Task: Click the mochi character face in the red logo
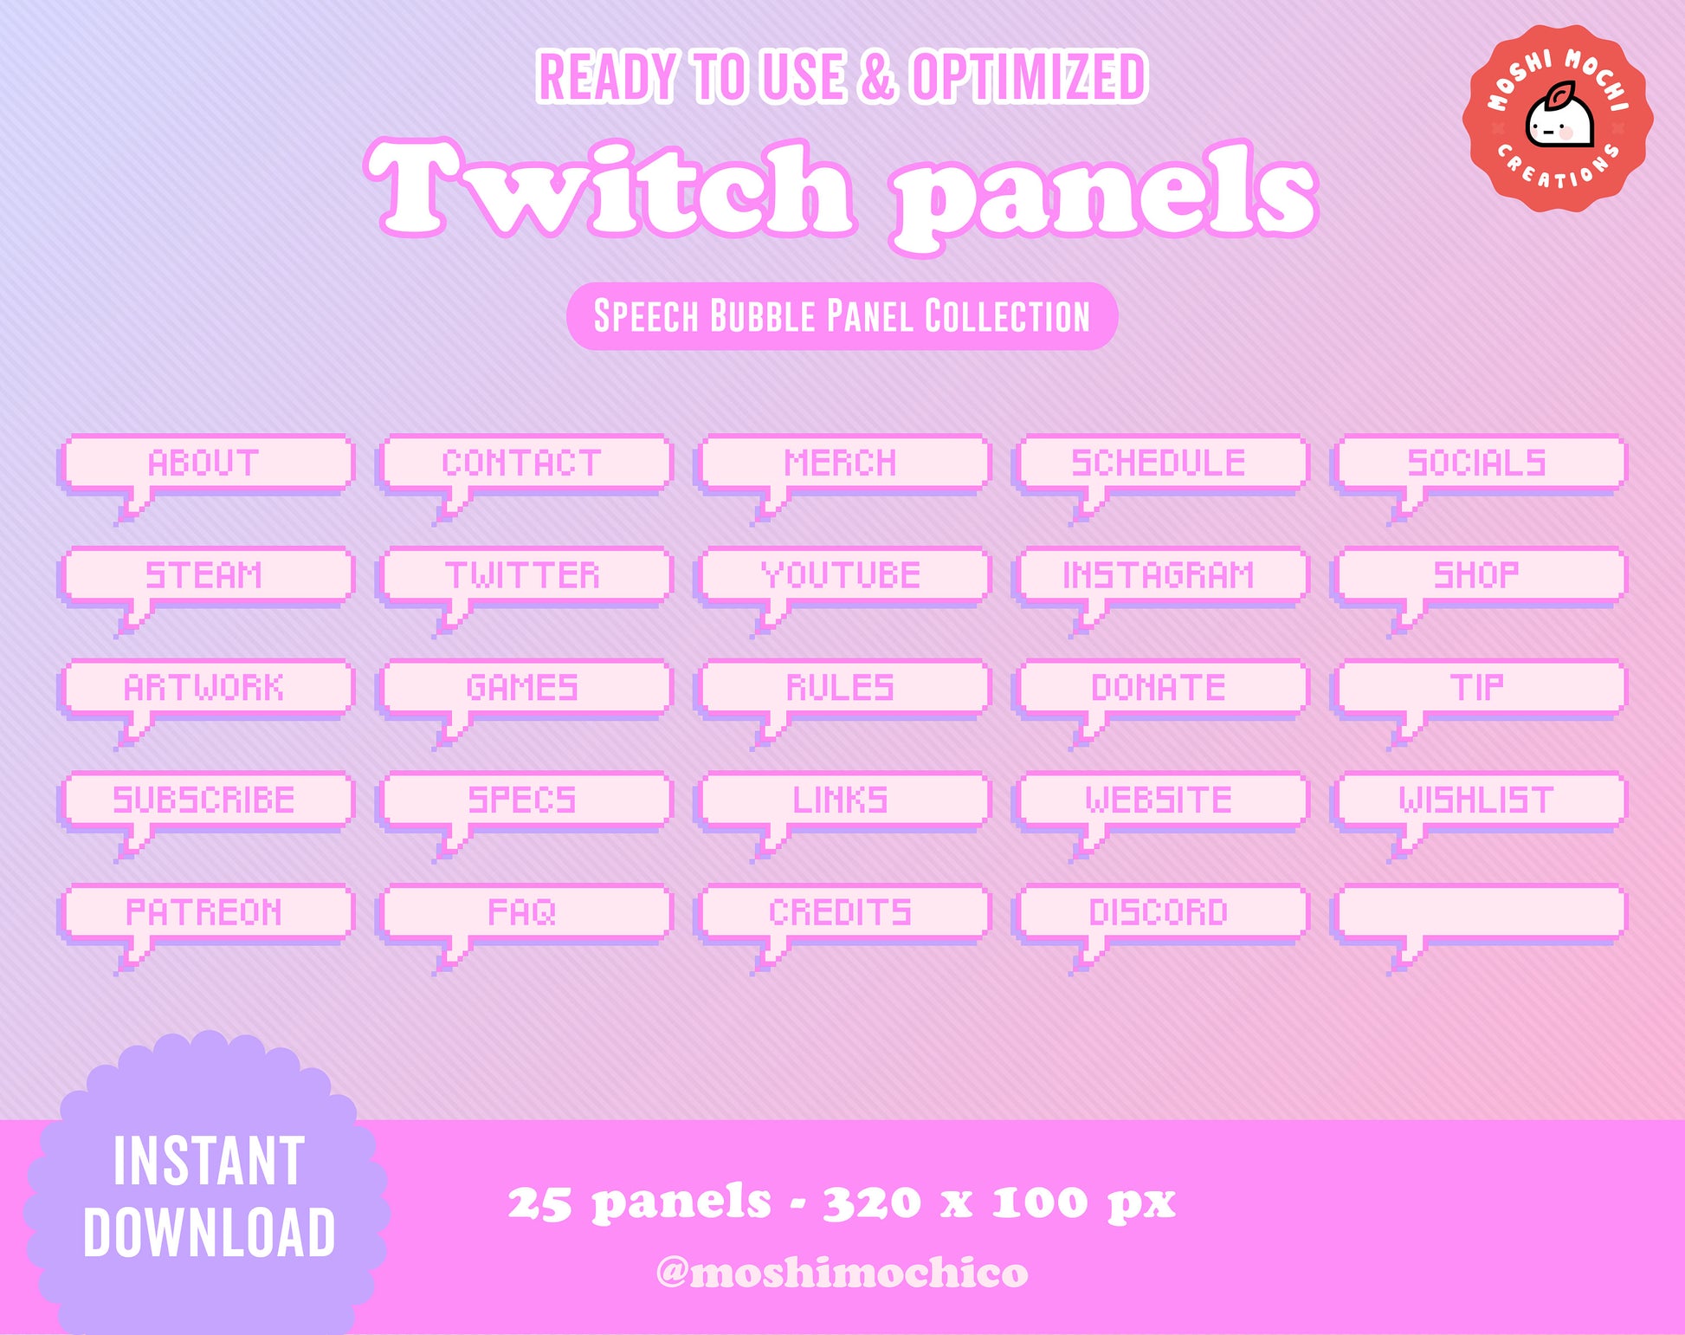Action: pos(1559,121)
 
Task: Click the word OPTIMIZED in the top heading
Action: pos(1030,77)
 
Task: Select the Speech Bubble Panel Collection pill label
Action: pos(842,316)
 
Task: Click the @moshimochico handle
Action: pos(842,1273)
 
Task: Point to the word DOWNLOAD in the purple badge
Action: pos(209,1232)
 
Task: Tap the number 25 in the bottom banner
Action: pos(539,1203)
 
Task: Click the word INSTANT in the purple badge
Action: pos(209,1161)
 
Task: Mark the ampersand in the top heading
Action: pos(877,77)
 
